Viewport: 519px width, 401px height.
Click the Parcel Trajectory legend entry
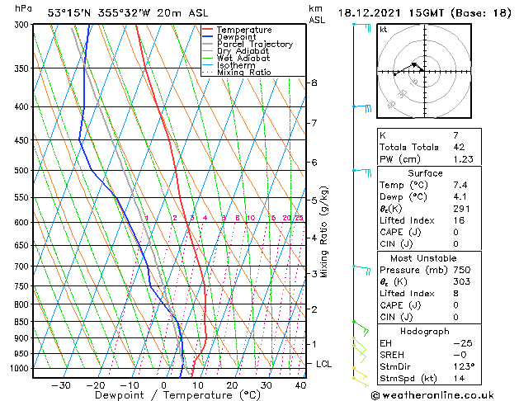coord(254,44)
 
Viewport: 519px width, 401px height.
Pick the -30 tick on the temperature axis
coord(60,384)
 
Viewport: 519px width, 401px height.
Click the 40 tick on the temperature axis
coord(300,384)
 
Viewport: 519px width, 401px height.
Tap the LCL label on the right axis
coord(324,364)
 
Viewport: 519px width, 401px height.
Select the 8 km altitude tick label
coord(314,83)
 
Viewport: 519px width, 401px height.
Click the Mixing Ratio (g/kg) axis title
coord(324,232)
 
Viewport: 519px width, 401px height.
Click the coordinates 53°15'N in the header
coord(75,13)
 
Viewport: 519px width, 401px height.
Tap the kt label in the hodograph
coord(383,30)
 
